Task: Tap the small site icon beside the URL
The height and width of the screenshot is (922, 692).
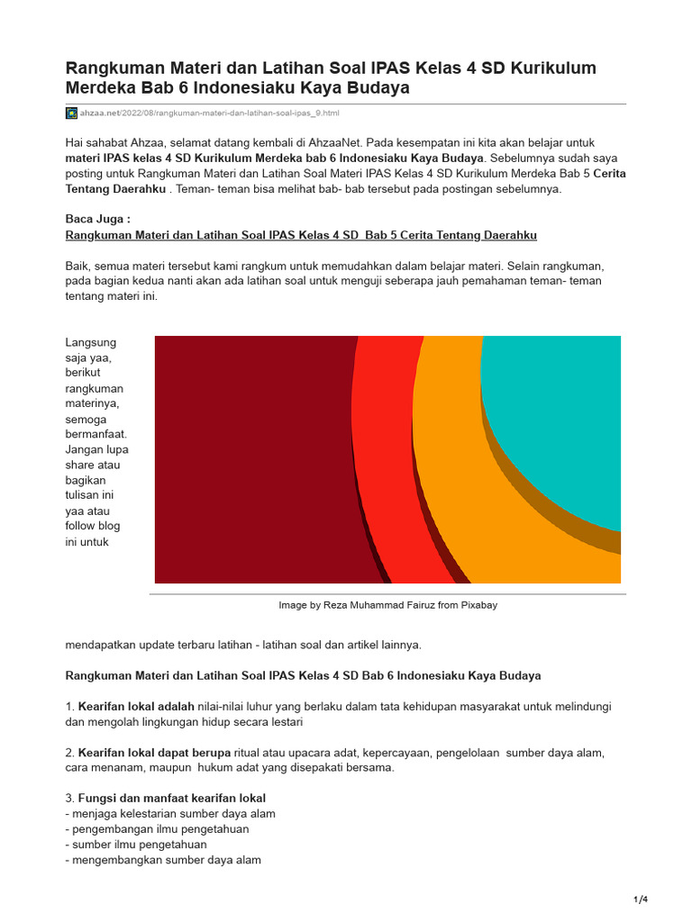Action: point(71,113)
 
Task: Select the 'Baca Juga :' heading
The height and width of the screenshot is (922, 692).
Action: point(98,220)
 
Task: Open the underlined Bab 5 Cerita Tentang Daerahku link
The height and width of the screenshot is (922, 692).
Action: point(301,235)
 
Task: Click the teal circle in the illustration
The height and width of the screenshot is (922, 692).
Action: point(559,414)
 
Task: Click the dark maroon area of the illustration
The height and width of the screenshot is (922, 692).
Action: point(252,459)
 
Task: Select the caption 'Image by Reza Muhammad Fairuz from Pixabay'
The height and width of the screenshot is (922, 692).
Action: point(387,605)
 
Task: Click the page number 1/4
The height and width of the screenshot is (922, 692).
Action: point(641,899)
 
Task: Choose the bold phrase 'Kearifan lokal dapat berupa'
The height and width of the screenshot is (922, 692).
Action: point(154,753)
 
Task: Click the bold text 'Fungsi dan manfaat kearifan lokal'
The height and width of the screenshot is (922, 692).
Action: point(171,799)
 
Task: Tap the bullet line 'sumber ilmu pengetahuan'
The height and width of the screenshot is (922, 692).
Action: point(139,845)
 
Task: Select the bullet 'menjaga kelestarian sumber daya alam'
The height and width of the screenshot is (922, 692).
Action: point(173,814)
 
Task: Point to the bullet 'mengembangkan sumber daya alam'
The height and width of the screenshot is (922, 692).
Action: point(166,860)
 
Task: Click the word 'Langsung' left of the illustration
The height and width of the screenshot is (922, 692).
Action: point(90,343)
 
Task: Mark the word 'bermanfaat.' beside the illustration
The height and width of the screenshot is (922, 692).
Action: point(97,435)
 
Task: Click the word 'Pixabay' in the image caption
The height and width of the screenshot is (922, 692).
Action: point(478,605)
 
